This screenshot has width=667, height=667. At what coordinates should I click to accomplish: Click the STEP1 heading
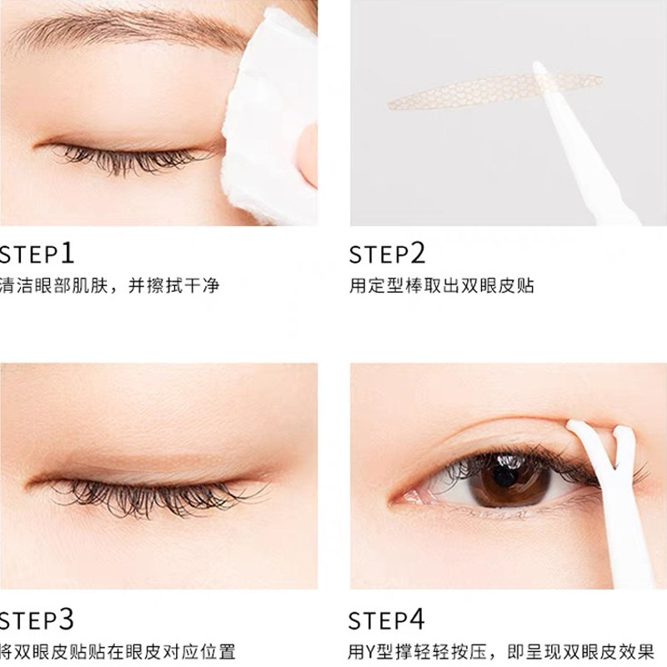[37, 254]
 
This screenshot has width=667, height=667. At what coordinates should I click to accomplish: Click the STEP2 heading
[387, 254]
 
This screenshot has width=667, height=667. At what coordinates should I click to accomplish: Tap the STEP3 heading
[37, 620]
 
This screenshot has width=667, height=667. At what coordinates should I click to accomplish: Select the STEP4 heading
[386, 620]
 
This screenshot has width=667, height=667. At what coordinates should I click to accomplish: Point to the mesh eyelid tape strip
[495, 90]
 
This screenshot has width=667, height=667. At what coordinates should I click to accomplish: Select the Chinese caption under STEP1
[109, 285]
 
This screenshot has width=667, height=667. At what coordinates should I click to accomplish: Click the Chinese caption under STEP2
[442, 285]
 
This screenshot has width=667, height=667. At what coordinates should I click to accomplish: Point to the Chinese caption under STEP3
[118, 652]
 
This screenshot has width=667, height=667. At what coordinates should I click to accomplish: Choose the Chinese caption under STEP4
[501, 652]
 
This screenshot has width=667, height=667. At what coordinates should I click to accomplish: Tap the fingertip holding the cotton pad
[307, 153]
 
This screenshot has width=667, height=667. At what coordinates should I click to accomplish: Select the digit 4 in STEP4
[416, 619]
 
